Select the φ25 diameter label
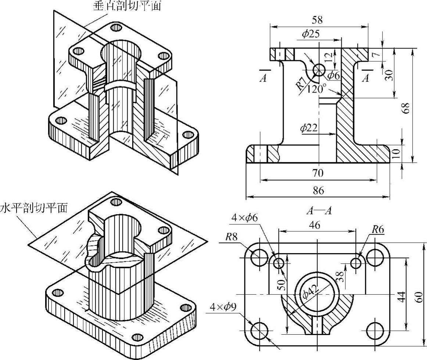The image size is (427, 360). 311,34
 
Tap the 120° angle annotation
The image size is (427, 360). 317,89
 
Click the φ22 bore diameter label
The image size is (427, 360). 309,128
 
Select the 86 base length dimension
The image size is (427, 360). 318,190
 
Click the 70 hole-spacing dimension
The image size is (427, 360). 318,173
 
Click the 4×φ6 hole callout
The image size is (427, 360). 244,217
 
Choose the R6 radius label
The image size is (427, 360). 378,230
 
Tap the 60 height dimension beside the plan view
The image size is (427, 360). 419,295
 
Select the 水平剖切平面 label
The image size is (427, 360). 34,208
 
